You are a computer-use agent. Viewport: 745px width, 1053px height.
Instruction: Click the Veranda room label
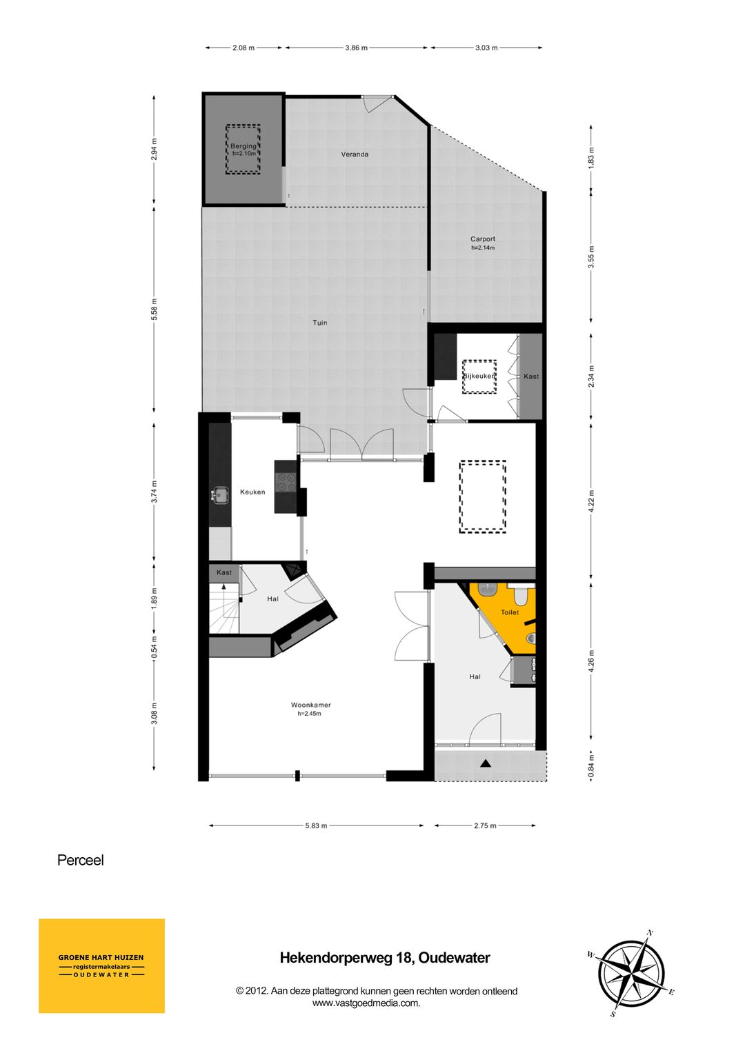click(355, 154)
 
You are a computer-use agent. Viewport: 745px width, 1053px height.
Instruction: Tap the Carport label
click(483, 239)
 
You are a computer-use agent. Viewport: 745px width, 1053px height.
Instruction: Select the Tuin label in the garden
click(320, 323)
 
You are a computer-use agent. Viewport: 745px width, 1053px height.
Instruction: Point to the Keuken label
click(252, 492)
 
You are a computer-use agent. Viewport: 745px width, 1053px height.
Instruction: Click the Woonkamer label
click(311, 705)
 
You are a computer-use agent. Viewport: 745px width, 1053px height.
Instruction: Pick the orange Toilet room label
click(510, 612)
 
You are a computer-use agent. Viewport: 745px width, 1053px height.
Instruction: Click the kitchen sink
click(219, 495)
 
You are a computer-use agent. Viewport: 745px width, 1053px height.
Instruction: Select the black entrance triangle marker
click(486, 764)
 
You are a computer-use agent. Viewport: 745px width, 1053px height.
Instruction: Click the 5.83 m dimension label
click(316, 825)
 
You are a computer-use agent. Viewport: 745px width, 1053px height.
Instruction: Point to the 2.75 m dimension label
click(485, 825)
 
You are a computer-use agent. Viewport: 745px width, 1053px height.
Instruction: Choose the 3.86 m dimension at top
click(356, 48)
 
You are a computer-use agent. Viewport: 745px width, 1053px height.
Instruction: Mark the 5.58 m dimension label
click(155, 310)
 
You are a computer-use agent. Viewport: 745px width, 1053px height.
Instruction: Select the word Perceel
click(81, 860)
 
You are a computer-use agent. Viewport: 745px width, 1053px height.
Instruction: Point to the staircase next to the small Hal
click(224, 608)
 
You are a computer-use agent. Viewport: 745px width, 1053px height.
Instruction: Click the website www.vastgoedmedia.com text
click(366, 1003)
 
